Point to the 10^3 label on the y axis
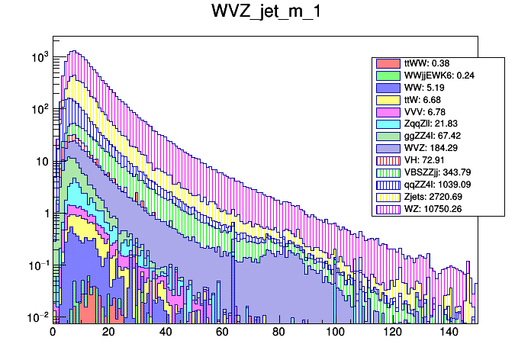(39, 57)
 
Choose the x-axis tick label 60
(222, 333)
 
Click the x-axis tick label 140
(448, 333)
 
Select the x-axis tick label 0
(53, 333)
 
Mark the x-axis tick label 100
(335, 333)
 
